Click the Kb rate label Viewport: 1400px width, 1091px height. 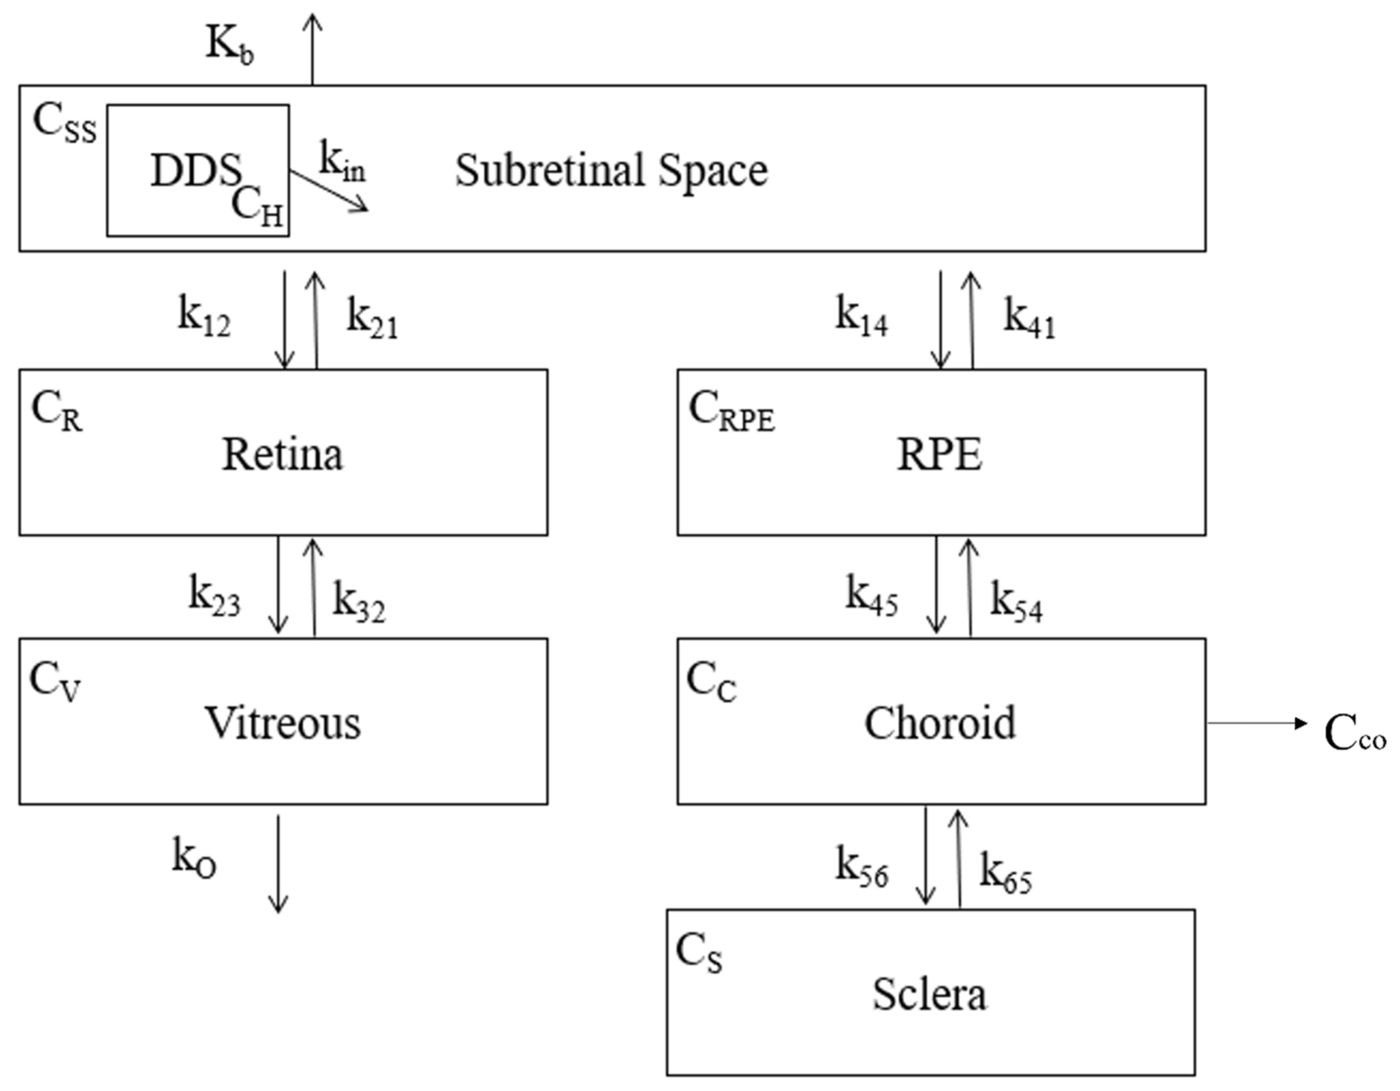point(229,45)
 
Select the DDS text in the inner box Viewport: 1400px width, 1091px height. point(195,171)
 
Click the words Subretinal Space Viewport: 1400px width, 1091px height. point(611,171)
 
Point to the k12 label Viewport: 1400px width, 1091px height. point(204,317)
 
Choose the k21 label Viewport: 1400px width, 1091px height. point(372,318)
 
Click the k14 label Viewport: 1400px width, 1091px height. point(861,317)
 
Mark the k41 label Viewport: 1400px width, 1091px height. point(1029,318)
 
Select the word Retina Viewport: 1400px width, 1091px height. point(282,455)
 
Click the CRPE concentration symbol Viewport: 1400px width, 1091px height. point(732,412)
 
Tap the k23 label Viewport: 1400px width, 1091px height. point(214,596)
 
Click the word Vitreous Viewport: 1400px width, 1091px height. point(283,723)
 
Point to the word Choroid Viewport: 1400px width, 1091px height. point(940,723)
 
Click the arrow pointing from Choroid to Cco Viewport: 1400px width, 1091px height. point(1256,723)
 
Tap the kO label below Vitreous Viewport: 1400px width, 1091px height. point(194,858)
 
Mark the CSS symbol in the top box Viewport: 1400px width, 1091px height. point(64,123)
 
